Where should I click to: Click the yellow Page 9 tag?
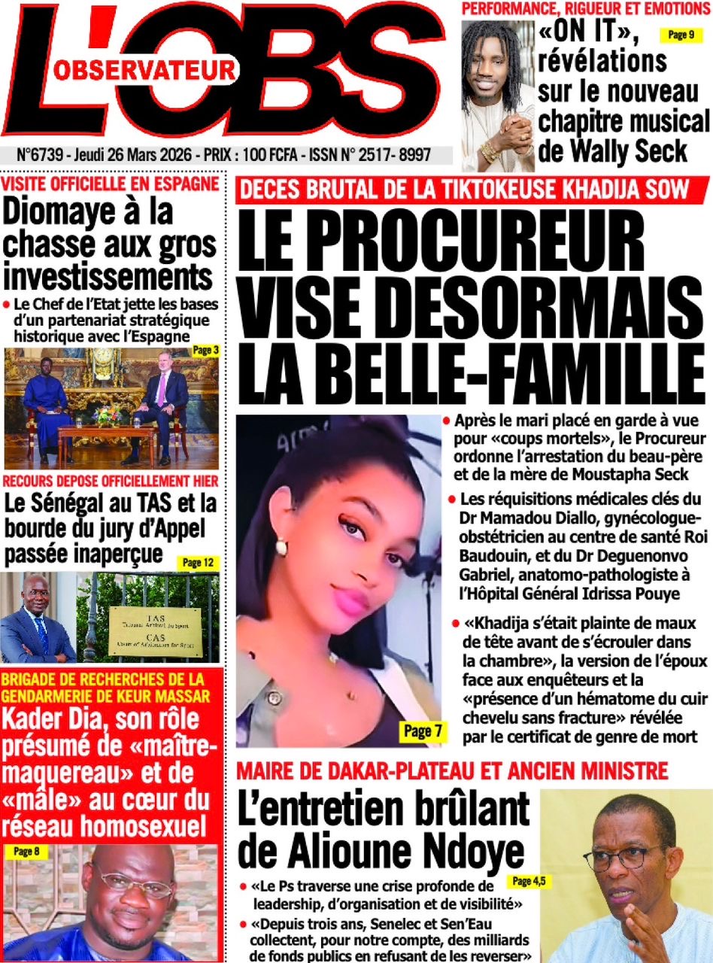(681, 35)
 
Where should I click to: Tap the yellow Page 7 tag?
(417, 730)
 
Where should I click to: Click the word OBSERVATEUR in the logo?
(145, 70)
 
